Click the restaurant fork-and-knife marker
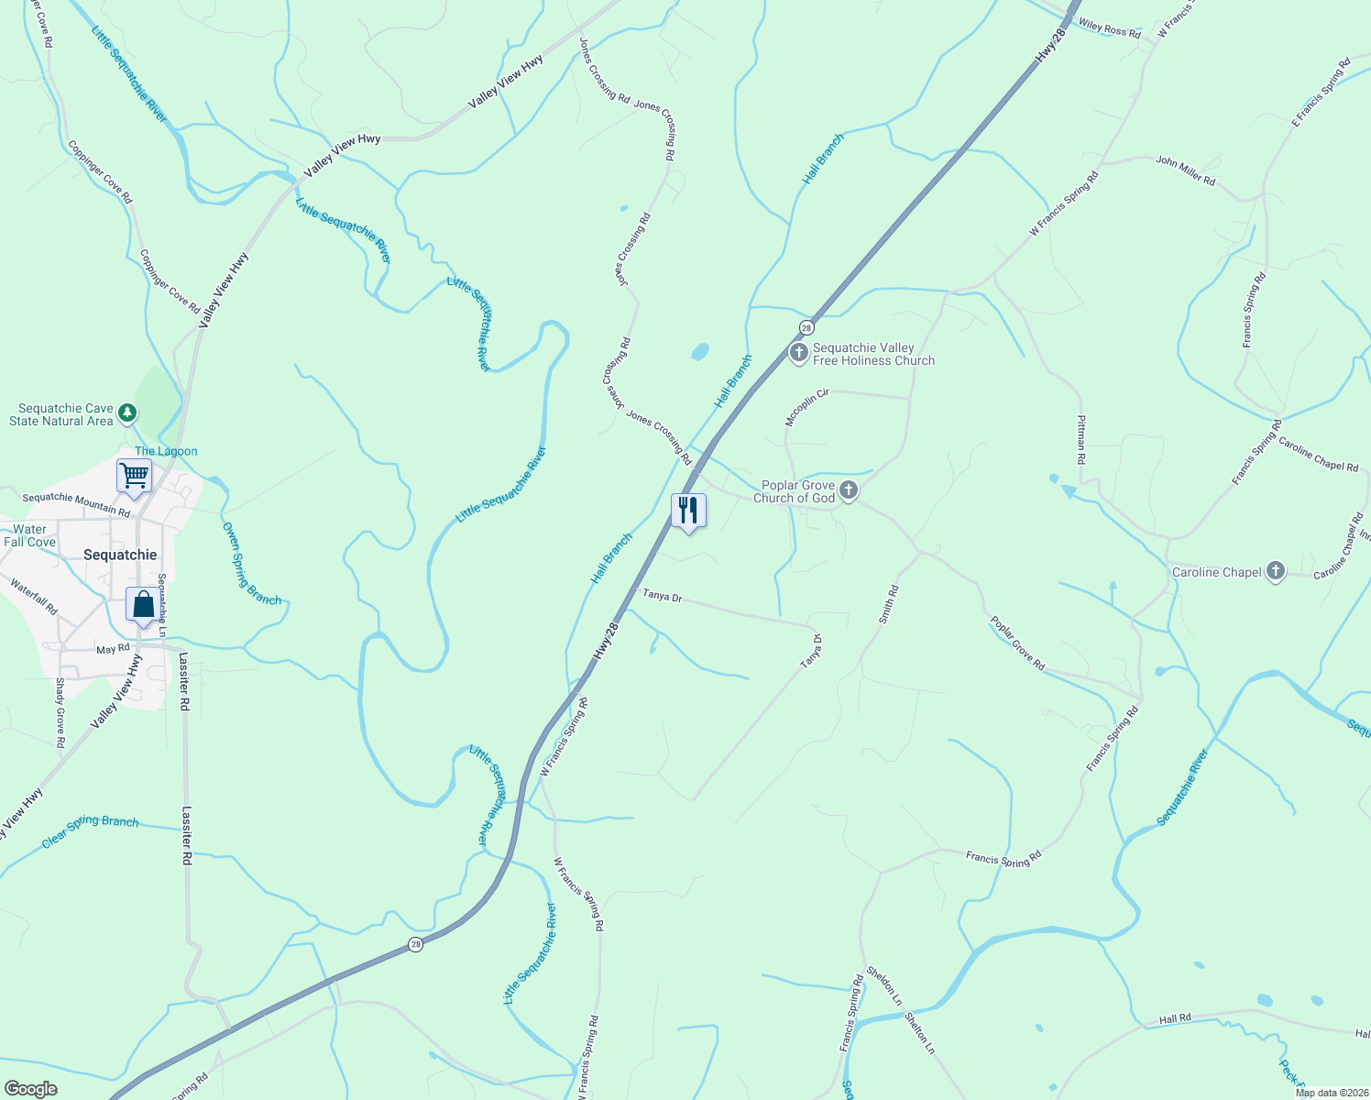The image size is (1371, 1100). [688, 511]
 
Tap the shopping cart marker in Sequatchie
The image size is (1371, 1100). [134, 477]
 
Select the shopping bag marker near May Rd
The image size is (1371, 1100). [143, 605]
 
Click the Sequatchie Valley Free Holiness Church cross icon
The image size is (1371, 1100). [799, 353]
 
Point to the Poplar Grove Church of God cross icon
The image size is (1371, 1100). [849, 490]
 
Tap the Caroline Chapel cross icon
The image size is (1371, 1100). [1275, 571]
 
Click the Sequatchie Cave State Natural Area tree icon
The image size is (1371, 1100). [127, 413]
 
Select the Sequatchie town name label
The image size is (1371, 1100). [120, 555]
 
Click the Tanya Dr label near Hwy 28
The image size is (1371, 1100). [662, 596]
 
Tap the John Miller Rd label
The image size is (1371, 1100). [1185, 170]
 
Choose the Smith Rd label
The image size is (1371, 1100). [888, 605]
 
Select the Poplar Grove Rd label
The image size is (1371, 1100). [1017, 643]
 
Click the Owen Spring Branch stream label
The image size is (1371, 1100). [251, 564]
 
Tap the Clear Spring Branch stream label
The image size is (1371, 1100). [90, 830]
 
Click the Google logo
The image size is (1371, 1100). [30, 1089]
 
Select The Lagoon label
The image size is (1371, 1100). [166, 451]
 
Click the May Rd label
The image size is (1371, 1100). [113, 649]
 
